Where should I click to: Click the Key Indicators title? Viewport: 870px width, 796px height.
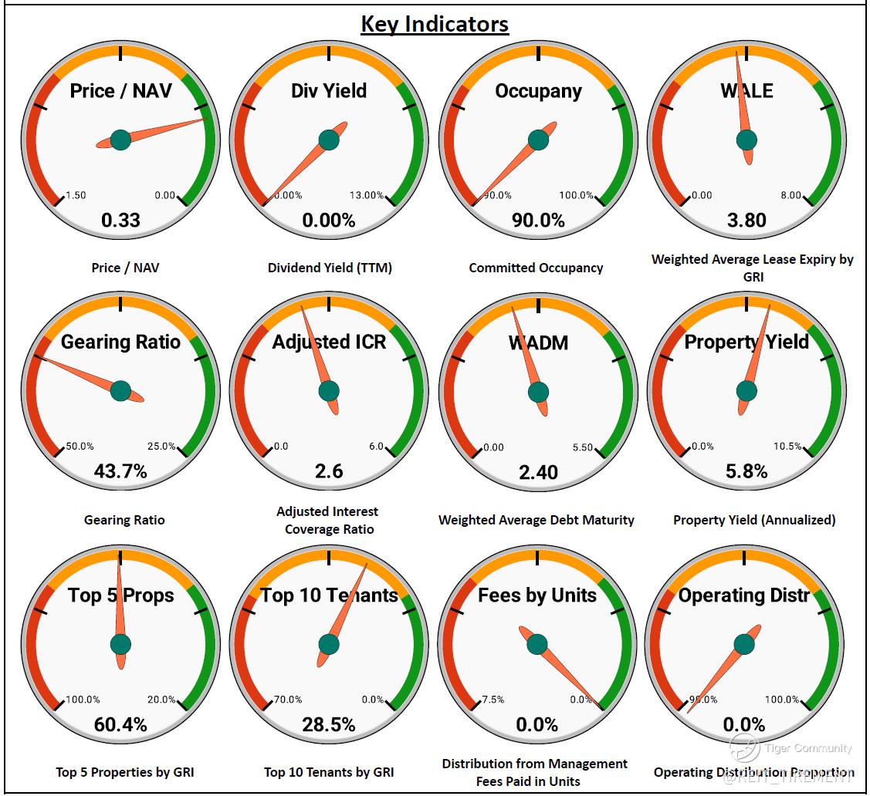coord(435,24)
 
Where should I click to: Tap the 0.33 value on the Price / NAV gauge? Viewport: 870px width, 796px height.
coord(121,221)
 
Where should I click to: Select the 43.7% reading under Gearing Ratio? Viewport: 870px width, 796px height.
coord(120,471)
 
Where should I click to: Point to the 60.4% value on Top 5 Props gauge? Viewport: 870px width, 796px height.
coord(120,724)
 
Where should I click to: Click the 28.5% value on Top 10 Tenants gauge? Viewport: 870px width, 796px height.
coord(329,724)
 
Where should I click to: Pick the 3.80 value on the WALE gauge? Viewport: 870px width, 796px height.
coord(746,221)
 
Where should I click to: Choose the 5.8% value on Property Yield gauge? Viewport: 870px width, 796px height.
coord(746,471)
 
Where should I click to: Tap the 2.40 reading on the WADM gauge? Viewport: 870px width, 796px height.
coord(538,472)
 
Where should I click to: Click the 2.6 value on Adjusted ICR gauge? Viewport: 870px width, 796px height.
coord(329,471)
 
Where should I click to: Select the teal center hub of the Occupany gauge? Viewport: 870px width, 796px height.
coord(538,140)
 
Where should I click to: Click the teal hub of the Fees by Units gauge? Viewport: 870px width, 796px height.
coord(537,644)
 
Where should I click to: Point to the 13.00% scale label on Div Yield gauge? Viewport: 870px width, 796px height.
coord(367,195)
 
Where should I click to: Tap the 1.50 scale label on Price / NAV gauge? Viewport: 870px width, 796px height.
coord(76,195)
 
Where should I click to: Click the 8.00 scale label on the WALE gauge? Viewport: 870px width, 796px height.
coord(790,195)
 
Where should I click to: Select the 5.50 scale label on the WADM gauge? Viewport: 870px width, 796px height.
coord(583,447)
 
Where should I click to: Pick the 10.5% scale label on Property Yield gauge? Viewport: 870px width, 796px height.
coord(788,447)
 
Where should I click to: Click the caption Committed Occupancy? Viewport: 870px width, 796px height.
coord(537,268)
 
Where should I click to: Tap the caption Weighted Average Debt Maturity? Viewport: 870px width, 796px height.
coord(537,520)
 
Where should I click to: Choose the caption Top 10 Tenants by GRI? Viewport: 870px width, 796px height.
coord(329,772)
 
